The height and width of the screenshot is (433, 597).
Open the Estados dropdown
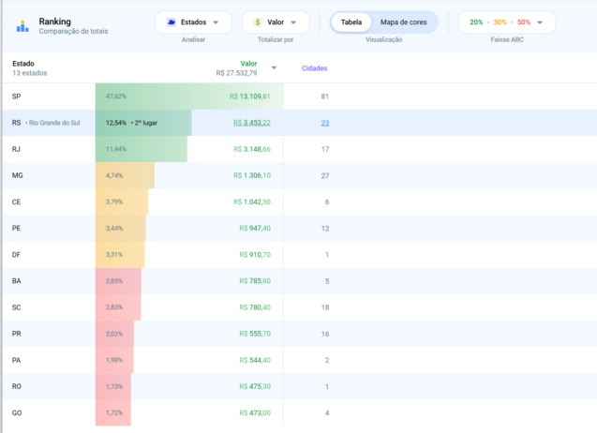[x=193, y=22]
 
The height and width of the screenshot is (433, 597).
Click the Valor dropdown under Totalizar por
[x=276, y=22]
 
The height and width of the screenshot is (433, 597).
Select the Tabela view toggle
[x=351, y=22]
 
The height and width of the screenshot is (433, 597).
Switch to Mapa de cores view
[x=403, y=22]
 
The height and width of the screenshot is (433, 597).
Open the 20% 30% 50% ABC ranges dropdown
[x=507, y=22]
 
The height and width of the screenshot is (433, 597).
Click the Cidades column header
[x=315, y=68]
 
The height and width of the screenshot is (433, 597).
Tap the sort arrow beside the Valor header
[x=274, y=67]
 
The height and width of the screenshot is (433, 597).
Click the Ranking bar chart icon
[x=22, y=26]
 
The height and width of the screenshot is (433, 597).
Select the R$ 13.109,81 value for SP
[x=249, y=97]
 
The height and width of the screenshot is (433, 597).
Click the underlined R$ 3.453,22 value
[x=252, y=123]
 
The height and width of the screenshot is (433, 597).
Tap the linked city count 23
[x=325, y=123]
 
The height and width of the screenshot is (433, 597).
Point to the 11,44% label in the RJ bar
[x=116, y=149]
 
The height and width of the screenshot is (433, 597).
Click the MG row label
[x=18, y=175]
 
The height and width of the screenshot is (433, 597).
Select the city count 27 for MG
[x=325, y=175]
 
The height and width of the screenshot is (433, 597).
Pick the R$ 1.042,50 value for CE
[x=252, y=202]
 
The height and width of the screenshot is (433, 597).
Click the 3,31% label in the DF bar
[x=114, y=254]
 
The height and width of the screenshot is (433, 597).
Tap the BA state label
[x=16, y=280]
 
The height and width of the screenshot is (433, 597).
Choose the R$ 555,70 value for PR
[x=255, y=334]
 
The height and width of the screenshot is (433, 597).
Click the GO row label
[x=17, y=412]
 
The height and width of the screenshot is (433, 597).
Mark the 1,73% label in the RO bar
[x=114, y=386]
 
